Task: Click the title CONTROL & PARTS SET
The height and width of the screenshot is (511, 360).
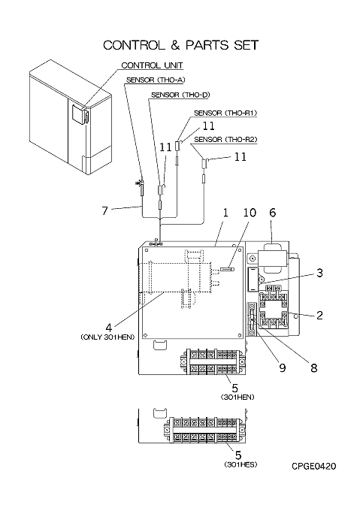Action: [x=181, y=45]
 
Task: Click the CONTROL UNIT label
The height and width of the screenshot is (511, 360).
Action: [x=152, y=65]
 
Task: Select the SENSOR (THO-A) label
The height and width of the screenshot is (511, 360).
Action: [x=156, y=80]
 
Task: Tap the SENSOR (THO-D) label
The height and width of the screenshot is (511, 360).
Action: [x=180, y=95]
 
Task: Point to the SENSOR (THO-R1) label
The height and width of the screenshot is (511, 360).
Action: [x=225, y=113]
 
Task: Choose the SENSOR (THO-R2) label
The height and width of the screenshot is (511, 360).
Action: [x=225, y=140]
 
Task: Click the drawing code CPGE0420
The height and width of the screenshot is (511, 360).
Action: [x=313, y=467]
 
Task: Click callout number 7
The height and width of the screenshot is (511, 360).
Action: [x=104, y=211]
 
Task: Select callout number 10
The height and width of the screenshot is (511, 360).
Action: [x=250, y=213]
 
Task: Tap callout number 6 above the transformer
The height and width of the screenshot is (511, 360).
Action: [x=273, y=213]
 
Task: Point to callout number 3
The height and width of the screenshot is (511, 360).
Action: [x=319, y=273]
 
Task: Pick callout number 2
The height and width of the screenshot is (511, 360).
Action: [x=319, y=315]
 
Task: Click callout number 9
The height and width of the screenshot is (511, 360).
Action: [x=283, y=368]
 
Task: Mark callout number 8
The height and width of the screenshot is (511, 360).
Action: [x=313, y=368]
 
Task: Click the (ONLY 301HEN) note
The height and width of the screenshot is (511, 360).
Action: [x=107, y=337]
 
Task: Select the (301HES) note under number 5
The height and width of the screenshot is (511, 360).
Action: [x=241, y=464]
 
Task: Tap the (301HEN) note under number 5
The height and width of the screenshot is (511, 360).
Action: [x=237, y=398]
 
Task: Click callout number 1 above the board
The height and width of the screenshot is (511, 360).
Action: [x=225, y=213]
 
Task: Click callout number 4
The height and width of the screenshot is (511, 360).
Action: [x=108, y=327]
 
